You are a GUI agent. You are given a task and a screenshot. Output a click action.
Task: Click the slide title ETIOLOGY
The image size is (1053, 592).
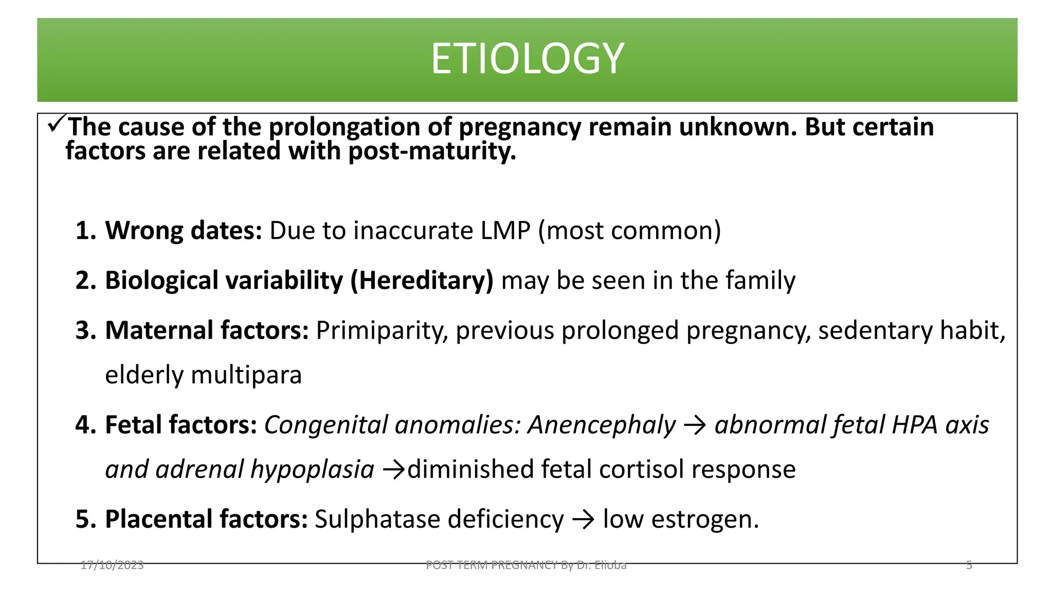click(527, 59)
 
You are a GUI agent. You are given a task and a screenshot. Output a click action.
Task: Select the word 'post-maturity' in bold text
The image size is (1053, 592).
click(432, 152)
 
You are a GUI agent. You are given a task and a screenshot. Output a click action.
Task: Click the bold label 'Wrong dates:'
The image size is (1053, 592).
click(184, 230)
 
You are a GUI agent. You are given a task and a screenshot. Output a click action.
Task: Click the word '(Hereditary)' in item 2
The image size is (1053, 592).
click(422, 281)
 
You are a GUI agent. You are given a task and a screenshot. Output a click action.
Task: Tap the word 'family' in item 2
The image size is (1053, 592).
click(760, 281)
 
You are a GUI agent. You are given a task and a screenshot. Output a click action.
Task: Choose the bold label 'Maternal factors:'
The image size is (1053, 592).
click(207, 330)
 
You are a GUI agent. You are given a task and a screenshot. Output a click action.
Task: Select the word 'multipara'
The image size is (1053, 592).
click(246, 375)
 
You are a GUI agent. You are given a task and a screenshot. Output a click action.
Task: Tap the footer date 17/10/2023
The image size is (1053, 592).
click(112, 565)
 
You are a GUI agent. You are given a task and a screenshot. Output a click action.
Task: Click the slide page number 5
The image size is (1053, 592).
click(969, 565)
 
